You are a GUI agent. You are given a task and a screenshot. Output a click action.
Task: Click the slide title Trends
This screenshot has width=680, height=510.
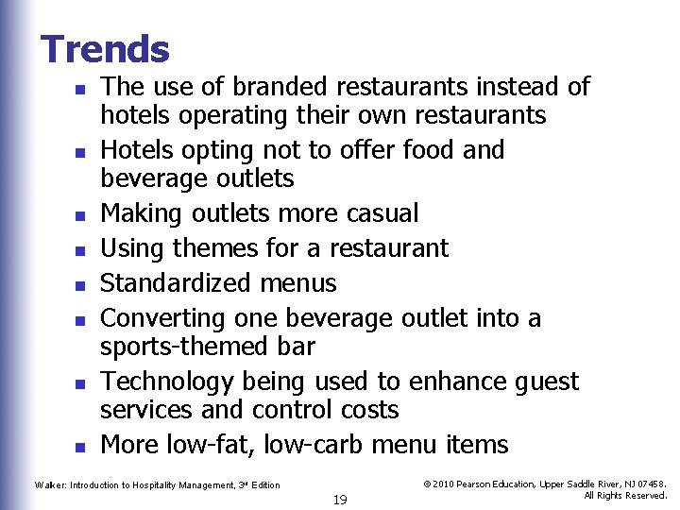pos(105,49)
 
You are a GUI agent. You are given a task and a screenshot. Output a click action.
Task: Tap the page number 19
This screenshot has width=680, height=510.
pos(340,500)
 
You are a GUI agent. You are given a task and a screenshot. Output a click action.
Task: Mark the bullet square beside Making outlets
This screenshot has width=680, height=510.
pos(82,216)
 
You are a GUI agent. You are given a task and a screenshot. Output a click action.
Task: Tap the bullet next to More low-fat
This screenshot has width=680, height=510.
pos(82,447)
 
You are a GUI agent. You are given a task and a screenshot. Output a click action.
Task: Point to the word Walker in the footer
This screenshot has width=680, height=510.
pos(49,485)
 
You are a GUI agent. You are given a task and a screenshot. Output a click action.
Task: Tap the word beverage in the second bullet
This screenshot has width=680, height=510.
pos(150,178)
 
